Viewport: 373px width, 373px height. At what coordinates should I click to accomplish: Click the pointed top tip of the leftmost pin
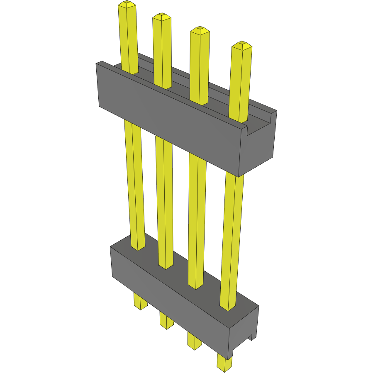pyautogui.click(x=127, y=5)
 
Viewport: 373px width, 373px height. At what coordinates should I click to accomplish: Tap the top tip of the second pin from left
pyautogui.click(x=161, y=17)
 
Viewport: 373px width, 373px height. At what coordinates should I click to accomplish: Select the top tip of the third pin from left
pyautogui.click(x=200, y=30)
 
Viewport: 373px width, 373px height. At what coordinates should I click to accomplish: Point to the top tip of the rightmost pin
pyautogui.click(x=242, y=45)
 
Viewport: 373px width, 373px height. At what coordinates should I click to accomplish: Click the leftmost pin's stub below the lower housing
pyautogui.click(x=140, y=301)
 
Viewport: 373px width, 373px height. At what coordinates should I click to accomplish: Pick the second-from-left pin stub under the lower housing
pyautogui.click(x=166, y=320)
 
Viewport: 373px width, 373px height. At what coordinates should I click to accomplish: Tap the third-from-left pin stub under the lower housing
pyautogui.click(x=194, y=340)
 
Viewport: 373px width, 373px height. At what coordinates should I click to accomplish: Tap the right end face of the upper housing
pyautogui.click(x=257, y=151)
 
